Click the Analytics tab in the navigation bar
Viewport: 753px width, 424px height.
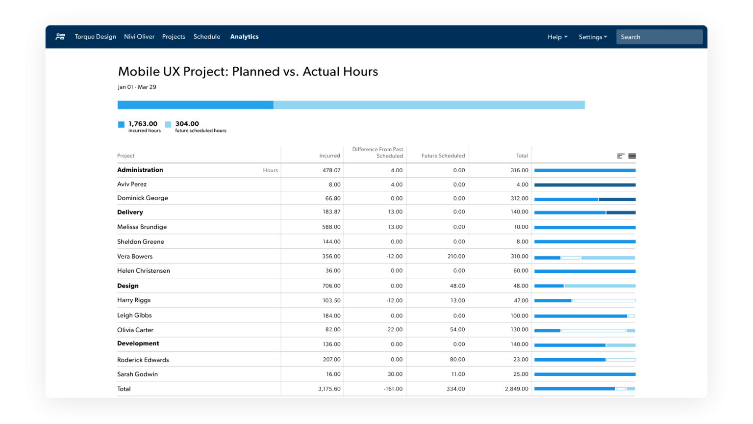pos(244,37)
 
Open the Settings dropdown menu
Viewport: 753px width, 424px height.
pos(592,37)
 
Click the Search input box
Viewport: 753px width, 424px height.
pos(659,37)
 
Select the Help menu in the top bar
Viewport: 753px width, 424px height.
pos(557,37)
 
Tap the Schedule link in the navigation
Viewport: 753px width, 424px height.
pos(206,37)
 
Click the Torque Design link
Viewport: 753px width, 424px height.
pos(95,37)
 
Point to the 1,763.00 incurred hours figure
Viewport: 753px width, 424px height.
pos(143,124)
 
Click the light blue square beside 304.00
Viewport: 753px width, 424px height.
pos(168,125)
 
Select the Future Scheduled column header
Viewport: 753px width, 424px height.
pos(443,156)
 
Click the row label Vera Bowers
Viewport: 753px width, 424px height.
pos(135,256)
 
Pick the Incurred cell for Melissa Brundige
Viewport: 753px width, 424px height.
pos(331,227)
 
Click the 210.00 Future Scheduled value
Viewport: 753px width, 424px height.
pos(456,256)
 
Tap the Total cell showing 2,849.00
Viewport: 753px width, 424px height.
pos(516,389)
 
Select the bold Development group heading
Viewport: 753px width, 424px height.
pos(138,344)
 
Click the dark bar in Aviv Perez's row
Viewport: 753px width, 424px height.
pos(584,185)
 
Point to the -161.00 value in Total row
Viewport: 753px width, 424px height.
pos(393,389)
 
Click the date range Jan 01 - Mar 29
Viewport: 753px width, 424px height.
pos(137,87)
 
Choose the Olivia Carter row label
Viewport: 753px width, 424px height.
pos(135,330)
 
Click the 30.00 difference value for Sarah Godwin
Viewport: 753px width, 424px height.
pos(395,374)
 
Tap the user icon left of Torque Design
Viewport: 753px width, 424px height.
pos(60,37)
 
